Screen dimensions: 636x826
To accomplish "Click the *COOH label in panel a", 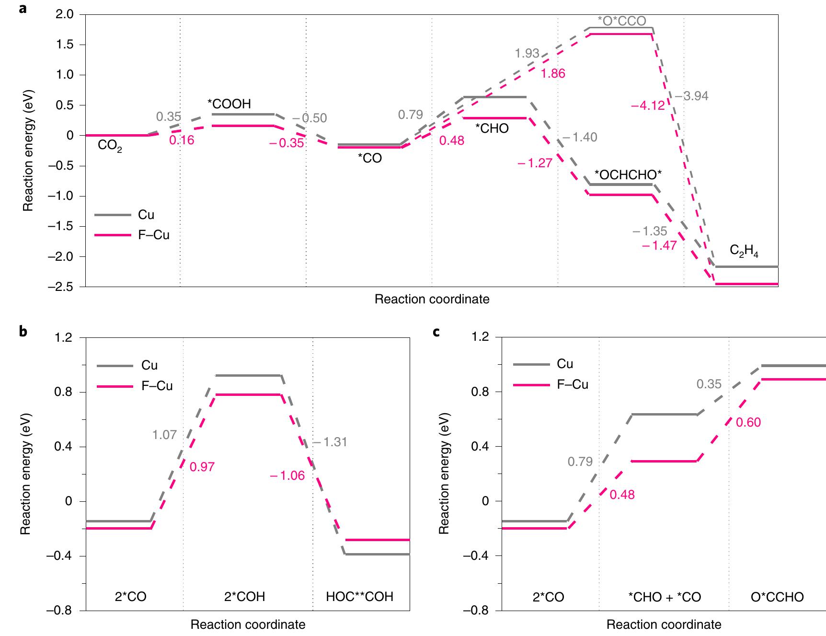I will (229, 104).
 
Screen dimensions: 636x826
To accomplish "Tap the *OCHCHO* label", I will (628, 175).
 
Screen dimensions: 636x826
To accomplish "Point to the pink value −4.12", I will (648, 105).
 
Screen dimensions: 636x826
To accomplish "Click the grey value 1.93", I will (527, 53).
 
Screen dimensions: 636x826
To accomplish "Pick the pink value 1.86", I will (553, 74).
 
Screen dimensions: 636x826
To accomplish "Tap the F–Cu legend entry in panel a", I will (153, 235).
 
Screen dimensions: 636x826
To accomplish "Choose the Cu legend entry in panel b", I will (149, 365).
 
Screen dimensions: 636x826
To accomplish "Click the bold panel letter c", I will (436, 331).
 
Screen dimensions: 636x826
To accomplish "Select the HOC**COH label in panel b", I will (359, 596).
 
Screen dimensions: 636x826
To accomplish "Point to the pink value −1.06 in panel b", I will (287, 476).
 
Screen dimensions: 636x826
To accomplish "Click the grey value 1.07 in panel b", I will (164, 435).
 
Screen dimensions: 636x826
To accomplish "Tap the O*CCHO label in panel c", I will (777, 597).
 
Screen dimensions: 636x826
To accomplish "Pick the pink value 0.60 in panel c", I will (748, 423).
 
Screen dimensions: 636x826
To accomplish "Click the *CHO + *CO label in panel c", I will (664, 597).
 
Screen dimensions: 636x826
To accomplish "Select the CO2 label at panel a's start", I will (110, 146).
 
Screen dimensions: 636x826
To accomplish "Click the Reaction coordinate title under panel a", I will (432, 300).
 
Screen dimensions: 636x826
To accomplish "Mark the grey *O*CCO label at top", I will (622, 21).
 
